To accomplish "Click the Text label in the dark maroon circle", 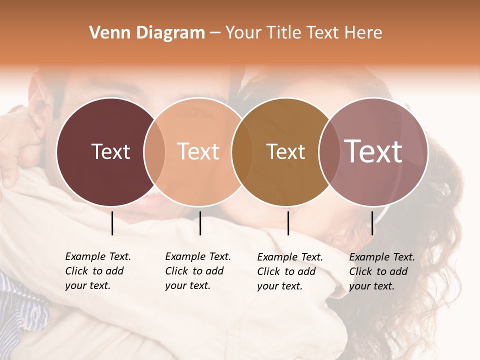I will tap(110, 151).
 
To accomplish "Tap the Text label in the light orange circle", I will tap(198, 151).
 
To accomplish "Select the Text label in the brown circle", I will tap(285, 151).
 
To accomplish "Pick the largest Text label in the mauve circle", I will tap(373, 151).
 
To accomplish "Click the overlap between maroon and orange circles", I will tap(154, 151).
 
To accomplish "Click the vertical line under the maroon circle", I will tap(112, 223).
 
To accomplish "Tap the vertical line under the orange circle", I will tap(200, 223).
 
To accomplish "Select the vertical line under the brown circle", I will tap(288, 223).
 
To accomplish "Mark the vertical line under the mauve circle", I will tap(372, 223).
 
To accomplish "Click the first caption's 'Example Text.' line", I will tap(98, 256).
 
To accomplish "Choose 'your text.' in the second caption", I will tap(187, 286).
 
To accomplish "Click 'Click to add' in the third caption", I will tap(286, 271).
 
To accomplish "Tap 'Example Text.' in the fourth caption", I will tap(382, 257).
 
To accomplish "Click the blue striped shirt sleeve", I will tap(20, 305).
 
